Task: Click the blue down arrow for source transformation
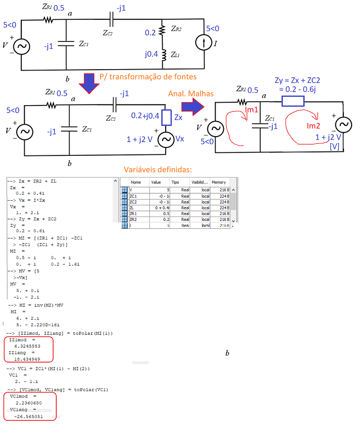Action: [90, 82]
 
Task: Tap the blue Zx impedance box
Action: [166, 117]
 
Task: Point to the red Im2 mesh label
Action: [314, 126]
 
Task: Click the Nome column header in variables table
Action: [136, 182]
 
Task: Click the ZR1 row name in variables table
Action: [133, 213]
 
